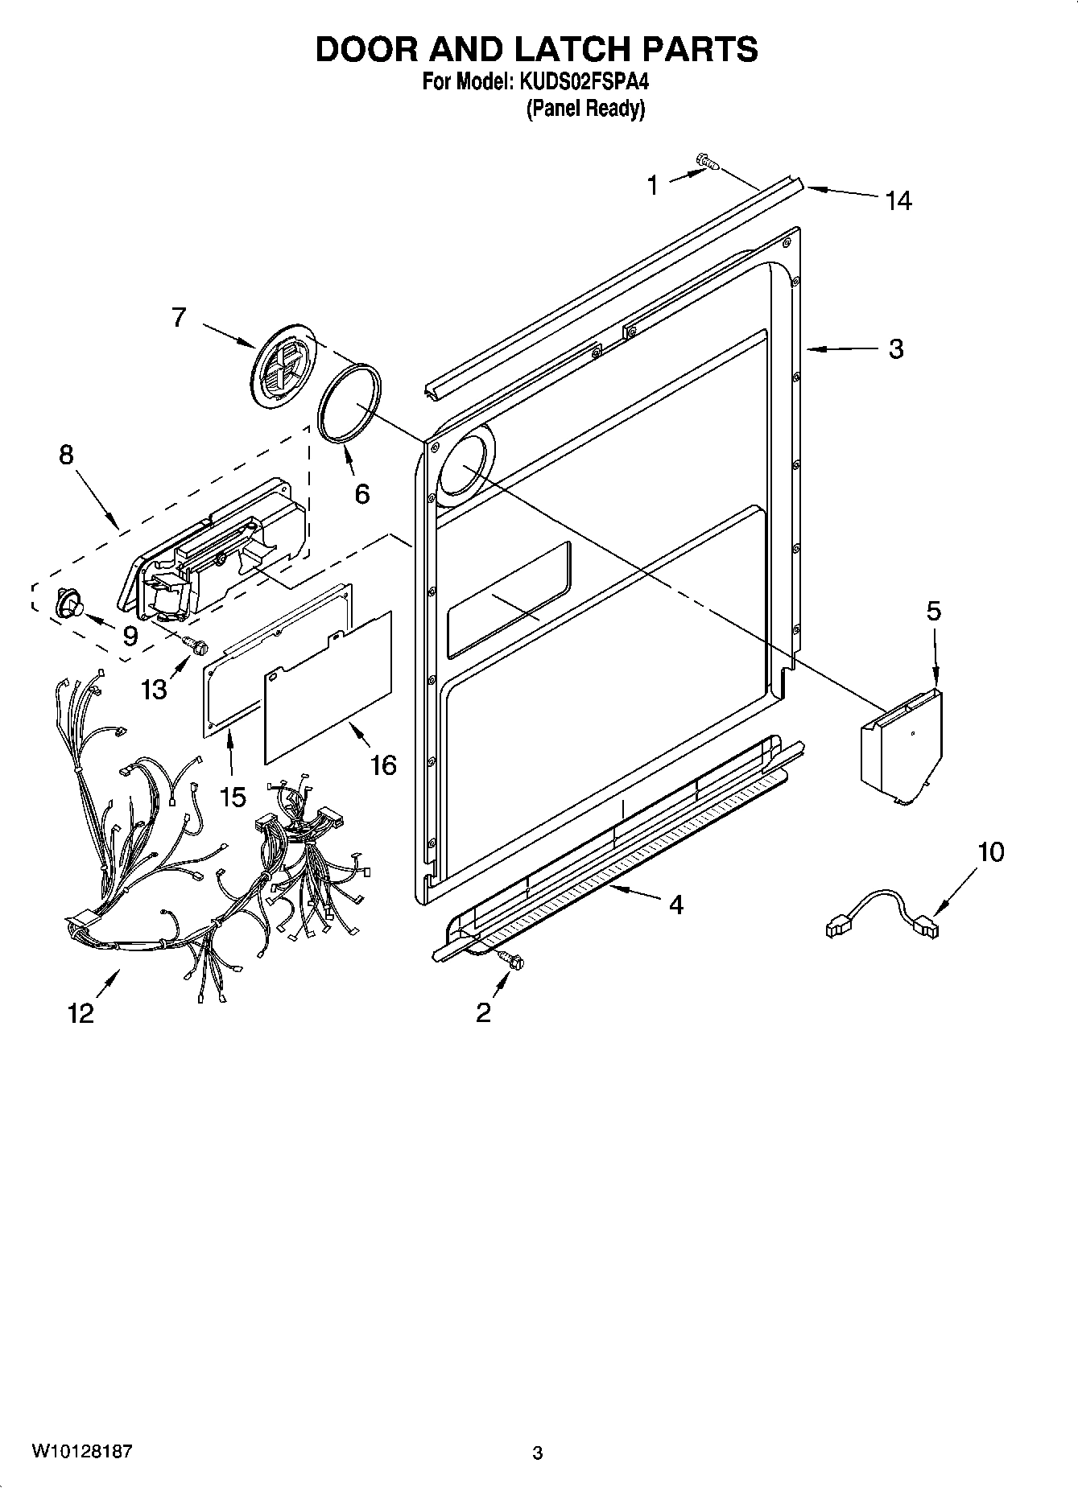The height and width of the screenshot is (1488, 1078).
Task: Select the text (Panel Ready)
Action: [585, 109]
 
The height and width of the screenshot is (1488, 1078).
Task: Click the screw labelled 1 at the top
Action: [708, 163]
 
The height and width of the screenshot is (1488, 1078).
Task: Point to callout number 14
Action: [898, 200]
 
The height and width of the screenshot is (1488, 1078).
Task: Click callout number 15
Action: [232, 797]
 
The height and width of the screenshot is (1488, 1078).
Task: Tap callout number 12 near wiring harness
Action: [81, 1013]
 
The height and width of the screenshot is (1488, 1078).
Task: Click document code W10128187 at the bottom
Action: [82, 1451]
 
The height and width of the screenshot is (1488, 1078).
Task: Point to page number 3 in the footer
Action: [538, 1453]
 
